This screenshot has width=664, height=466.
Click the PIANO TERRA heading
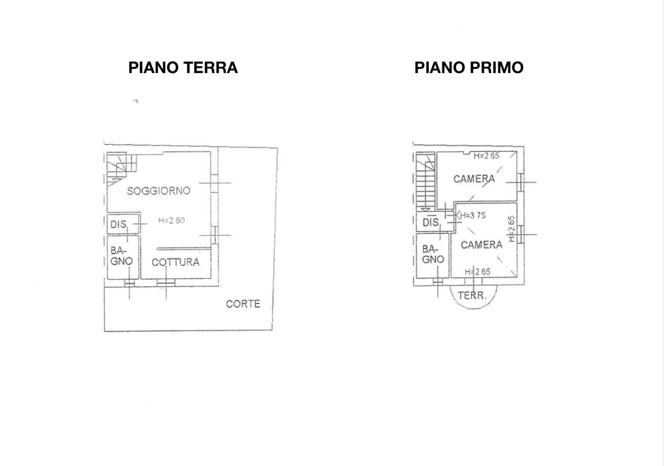183,67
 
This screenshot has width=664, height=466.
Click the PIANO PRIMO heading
469,67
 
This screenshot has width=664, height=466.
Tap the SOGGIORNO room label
159,191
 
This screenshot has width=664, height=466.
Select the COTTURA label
175,262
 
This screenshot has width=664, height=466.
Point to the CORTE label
243,304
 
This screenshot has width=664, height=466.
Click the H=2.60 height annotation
171,221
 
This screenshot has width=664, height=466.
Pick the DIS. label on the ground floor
118,225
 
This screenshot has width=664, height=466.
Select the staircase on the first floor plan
425,183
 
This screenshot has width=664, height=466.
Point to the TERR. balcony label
472,296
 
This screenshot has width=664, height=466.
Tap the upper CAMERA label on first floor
474,179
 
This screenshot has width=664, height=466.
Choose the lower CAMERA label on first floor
481,245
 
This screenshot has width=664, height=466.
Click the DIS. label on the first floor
431,223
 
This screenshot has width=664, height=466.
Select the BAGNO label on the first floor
433,255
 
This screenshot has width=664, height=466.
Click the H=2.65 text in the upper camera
486,156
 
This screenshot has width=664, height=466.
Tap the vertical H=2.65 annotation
512,229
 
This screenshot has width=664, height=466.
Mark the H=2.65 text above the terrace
477,272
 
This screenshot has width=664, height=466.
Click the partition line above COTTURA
183,249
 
